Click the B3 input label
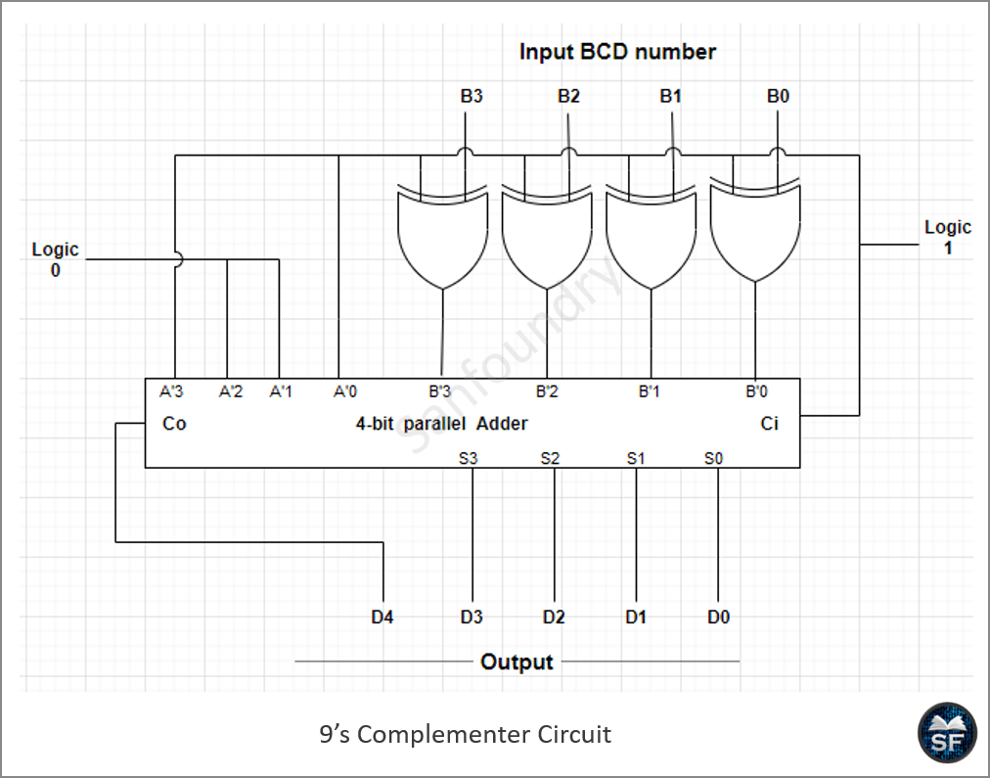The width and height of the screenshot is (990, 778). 472,96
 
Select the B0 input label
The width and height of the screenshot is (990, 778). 778,96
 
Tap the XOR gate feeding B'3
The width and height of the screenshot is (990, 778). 442,236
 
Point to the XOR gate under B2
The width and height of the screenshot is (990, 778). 547,236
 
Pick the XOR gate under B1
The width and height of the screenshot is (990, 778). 651,236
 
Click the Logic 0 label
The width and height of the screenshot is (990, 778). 56,259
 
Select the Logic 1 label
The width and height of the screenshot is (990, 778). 948,237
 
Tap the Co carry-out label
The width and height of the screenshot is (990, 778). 174,423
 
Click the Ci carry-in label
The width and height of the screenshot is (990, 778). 769,423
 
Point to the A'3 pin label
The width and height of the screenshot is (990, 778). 171,391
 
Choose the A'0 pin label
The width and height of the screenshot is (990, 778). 344,391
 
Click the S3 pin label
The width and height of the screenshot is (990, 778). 468,458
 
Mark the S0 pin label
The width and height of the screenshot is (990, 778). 713,458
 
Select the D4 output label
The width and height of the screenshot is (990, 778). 382,617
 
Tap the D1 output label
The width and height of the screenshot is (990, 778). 636,617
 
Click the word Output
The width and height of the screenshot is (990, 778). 517,662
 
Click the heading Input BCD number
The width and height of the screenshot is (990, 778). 617,52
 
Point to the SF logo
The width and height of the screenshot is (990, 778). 946,733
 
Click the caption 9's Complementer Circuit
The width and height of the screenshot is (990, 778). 466,734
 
